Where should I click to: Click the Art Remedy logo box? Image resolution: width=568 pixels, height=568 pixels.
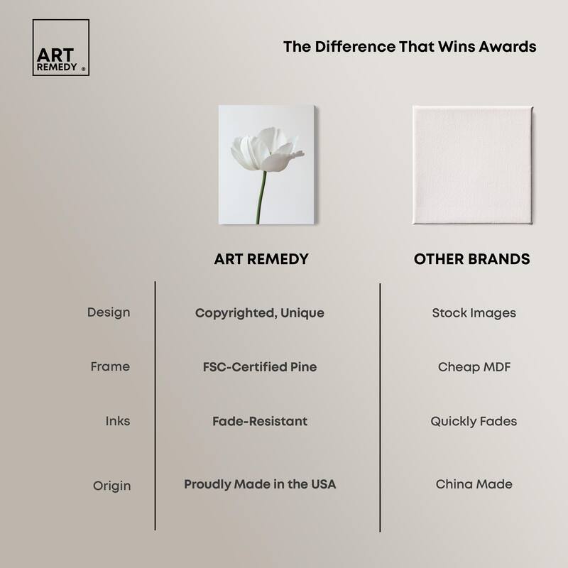coord(60,48)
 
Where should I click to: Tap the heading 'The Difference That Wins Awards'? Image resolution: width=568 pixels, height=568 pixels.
coord(410,47)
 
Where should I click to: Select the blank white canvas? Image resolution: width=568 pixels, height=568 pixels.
coord(472,165)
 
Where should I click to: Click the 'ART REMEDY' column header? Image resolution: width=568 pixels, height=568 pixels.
coord(261,259)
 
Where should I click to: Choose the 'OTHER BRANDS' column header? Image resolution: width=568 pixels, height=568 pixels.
coord(471,259)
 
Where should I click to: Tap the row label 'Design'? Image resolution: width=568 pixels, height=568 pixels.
coord(109,312)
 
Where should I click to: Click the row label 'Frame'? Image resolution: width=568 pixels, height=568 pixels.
coord(110,367)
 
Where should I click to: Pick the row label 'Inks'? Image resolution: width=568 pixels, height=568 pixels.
coord(117,421)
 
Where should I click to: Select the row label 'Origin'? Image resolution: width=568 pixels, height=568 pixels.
coord(111,486)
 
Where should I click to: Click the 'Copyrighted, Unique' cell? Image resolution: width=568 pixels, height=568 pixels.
coord(259,312)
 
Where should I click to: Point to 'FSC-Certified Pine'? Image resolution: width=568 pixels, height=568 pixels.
coord(259,367)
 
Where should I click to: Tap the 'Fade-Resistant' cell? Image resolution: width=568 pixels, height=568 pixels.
coord(259,421)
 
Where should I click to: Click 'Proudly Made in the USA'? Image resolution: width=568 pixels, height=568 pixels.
coord(260,484)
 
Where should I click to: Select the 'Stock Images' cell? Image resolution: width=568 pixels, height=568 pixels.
coord(474,312)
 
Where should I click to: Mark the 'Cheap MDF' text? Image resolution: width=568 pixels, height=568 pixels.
coord(474,367)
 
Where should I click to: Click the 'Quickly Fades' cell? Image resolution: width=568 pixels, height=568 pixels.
coord(474,421)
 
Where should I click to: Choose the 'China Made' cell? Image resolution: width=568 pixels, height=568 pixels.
coord(474,484)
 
